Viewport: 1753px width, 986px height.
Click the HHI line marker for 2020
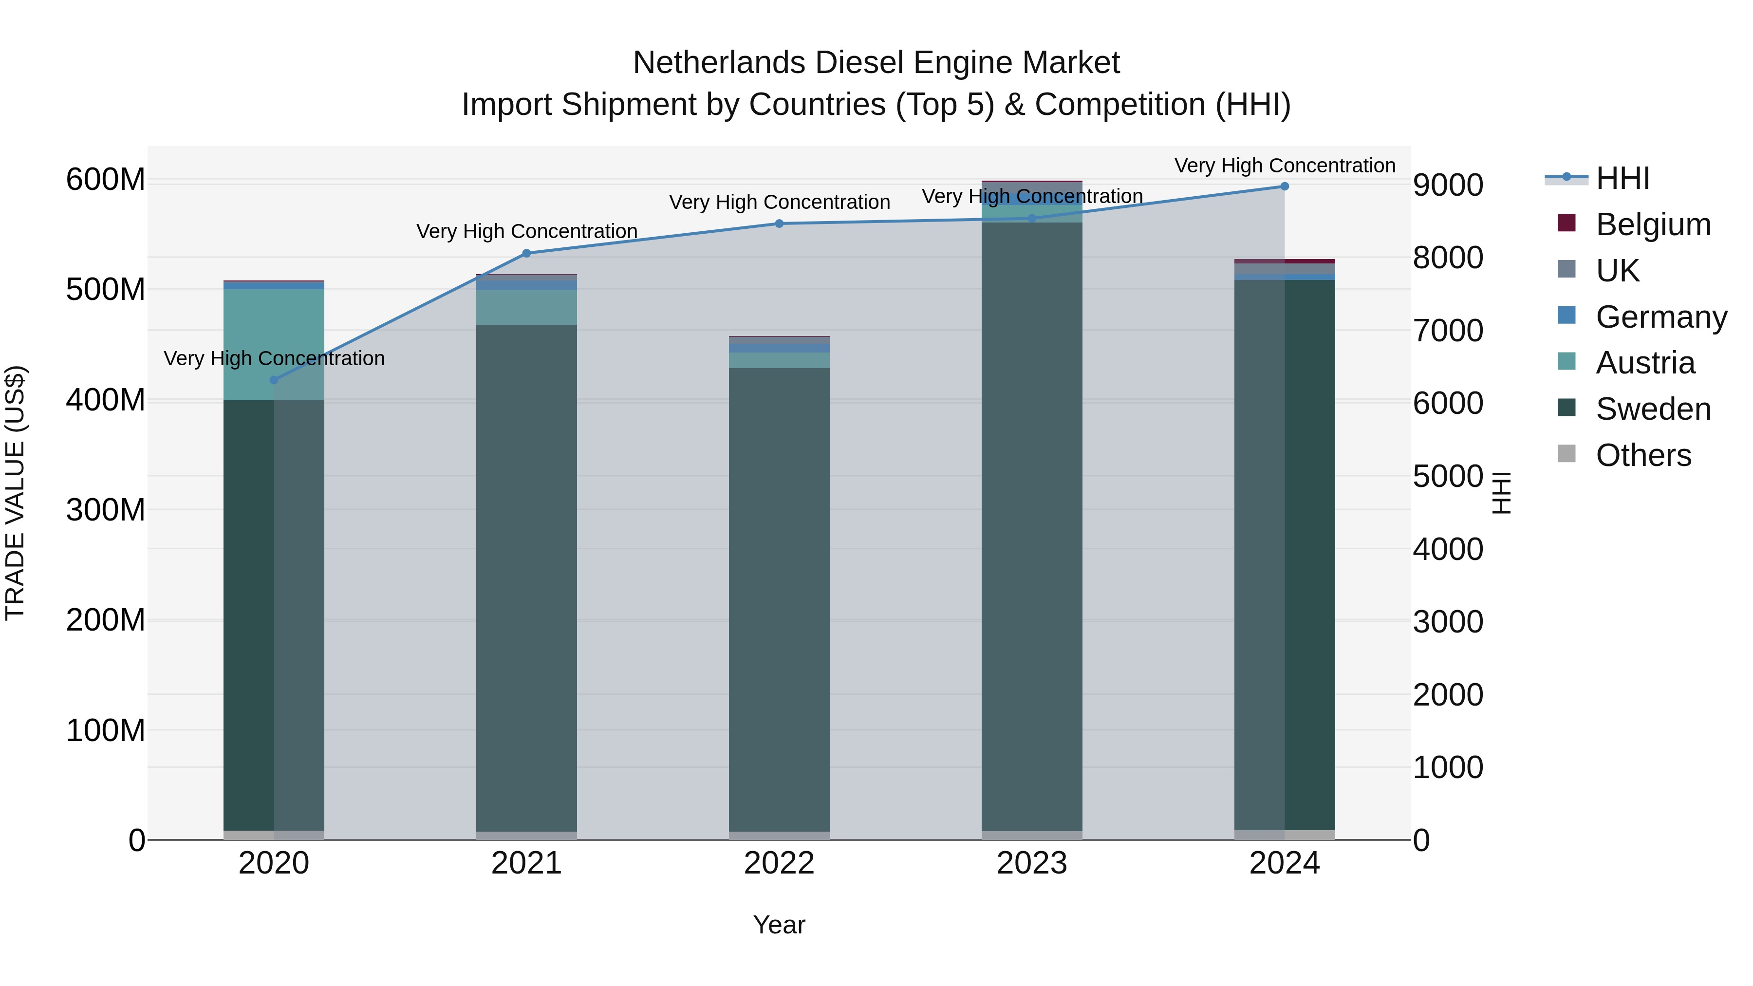(x=274, y=380)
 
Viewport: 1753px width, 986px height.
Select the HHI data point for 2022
(x=779, y=223)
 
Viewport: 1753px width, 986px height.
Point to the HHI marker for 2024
(x=1284, y=186)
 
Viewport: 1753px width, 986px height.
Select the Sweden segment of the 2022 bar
(x=779, y=599)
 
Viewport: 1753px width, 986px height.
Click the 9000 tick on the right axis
(x=1448, y=185)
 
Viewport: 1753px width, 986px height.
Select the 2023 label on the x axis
(x=1032, y=863)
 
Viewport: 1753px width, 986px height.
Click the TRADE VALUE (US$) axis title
(x=15, y=493)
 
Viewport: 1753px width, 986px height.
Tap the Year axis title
(x=779, y=925)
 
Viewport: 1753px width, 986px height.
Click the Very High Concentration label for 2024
(x=1284, y=166)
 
